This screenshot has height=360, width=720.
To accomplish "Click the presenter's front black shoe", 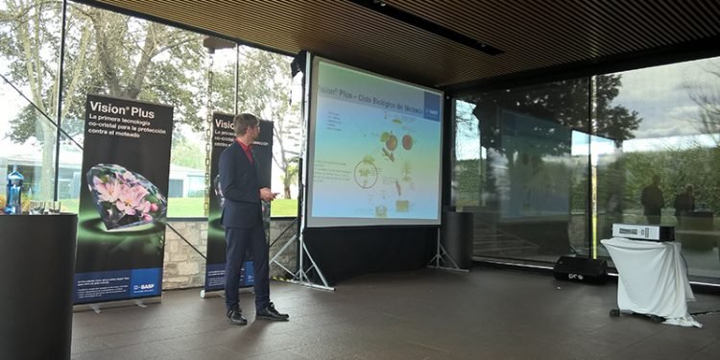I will [x=272, y=312].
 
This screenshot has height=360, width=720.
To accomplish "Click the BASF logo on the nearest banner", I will [x=143, y=286].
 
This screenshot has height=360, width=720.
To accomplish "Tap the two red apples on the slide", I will [x=398, y=142].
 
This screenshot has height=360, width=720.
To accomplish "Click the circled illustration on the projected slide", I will [x=366, y=172].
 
